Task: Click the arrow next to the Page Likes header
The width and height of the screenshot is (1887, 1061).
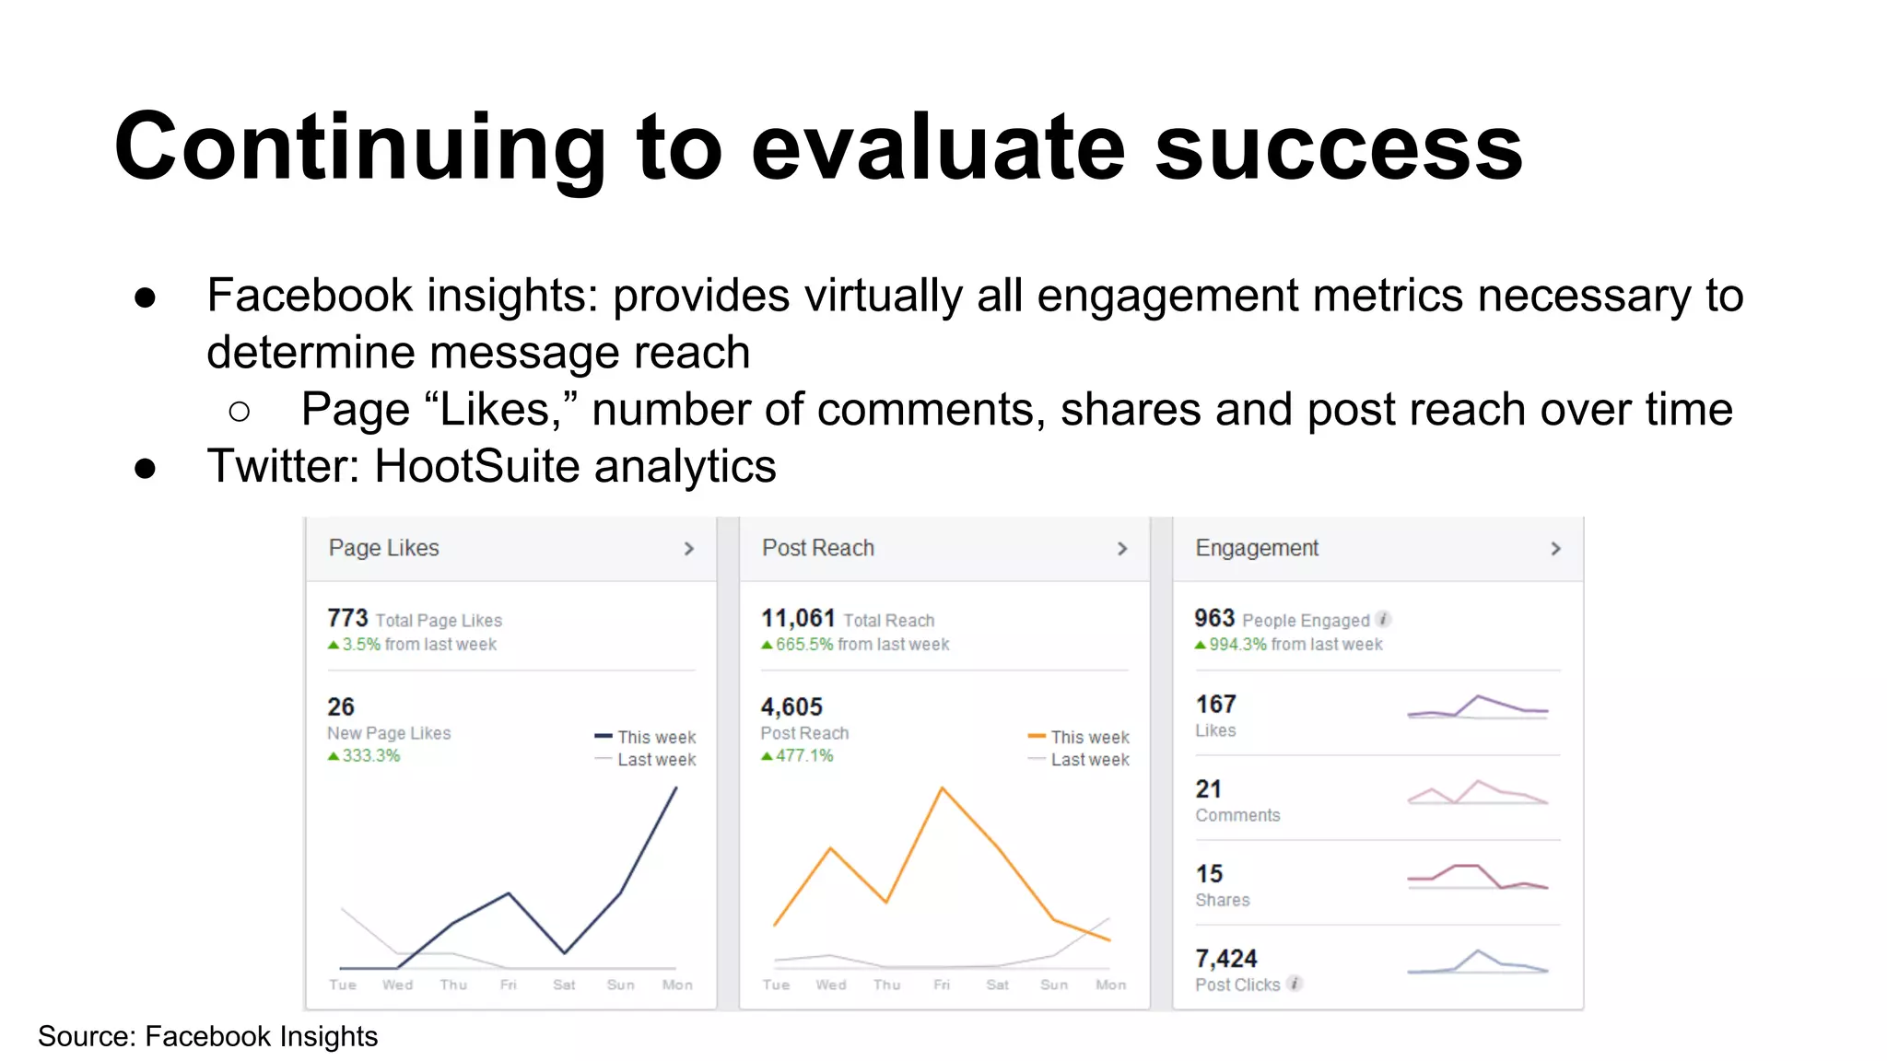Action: (x=688, y=549)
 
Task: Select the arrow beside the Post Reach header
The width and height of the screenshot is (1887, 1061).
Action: (x=1121, y=549)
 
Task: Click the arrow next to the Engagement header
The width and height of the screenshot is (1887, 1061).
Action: (x=1555, y=549)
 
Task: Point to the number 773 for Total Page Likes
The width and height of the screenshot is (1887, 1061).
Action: (x=347, y=618)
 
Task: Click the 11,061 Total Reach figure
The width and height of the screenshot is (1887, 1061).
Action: (x=798, y=618)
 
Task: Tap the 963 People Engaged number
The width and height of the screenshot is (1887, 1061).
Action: (x=1213, y=618)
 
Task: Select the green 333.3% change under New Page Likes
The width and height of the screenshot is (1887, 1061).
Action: (x=370, y=756)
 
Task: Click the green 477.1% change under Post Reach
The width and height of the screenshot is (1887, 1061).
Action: (x=803, y=756)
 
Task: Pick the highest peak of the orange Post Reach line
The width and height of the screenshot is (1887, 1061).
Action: (x=942, y=788)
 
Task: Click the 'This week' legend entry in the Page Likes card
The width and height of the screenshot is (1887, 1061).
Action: (x=655, y=738)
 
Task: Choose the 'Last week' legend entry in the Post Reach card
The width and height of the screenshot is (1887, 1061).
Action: (x=1089, y=760)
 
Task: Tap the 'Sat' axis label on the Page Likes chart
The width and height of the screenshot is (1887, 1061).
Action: (x=564, y=985)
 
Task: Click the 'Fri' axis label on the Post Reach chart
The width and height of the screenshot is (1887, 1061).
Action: (x=942, y=985)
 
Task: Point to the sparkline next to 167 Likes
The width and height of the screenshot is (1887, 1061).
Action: (x=1478, y=707)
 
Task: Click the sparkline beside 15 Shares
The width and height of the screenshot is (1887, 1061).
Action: (x=1478, y=877)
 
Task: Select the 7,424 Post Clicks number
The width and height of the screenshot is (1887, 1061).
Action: (x=1225, y=959)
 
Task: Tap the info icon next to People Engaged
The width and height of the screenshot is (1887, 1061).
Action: (x=1383, y=620)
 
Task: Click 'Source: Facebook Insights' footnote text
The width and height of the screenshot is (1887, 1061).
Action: (x=208, y=1037)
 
